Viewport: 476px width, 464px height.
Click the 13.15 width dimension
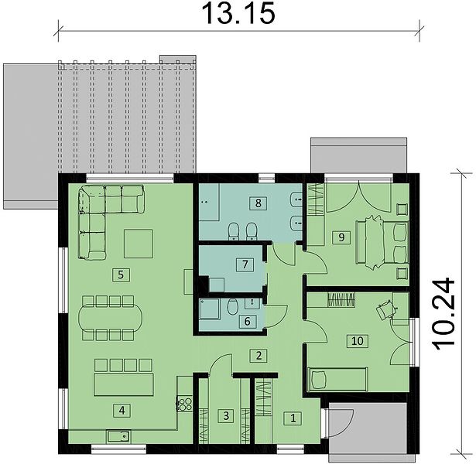click(238, 14)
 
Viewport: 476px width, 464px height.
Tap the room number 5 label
click(121, 275)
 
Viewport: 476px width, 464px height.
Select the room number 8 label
click(258, 203)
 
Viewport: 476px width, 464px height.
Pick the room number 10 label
click(358, 340)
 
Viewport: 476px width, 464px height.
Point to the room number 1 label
click(293, 418)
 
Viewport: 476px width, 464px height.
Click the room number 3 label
click(226, 415)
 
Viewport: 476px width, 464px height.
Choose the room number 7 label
click(245, 264)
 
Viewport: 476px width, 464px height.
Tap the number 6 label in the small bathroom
click(247, 321)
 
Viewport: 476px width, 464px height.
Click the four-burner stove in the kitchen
click(184, 404)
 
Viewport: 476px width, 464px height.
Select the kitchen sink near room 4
click(118, 436)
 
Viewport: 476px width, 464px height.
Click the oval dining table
click(110, 318)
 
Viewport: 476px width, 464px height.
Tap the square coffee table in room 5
click(139, 244)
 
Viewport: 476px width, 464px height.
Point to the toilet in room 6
click(233, 307)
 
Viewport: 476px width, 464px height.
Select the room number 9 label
click(341, 237)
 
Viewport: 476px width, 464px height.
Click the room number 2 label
click(259, 356)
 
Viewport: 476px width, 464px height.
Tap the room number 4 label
click(122, 411)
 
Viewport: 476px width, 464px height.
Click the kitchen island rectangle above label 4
click(124, 385)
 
